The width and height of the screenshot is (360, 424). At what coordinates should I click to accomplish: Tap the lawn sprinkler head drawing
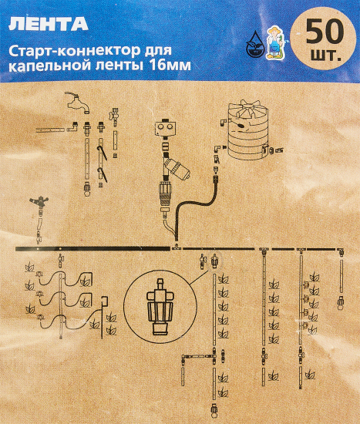[40, 204]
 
